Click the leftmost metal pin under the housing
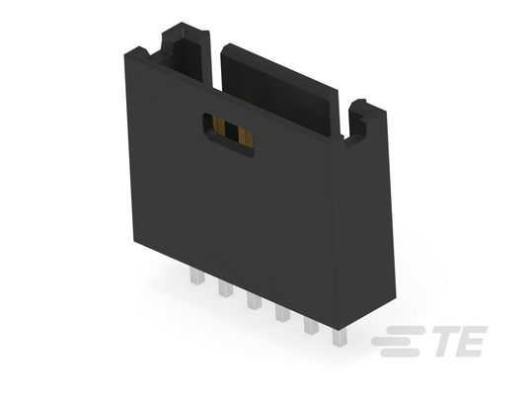pos(197,276)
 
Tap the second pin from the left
pos(225,288)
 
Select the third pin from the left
pos(254,300)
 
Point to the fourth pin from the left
pos(282,313)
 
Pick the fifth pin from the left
pos(311,325)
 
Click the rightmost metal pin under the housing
pos(339,338)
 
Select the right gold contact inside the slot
pos(245,137)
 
